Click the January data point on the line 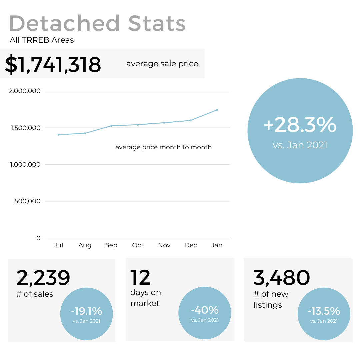point(217,110)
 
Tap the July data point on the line point(59,135)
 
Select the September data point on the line point(111,126)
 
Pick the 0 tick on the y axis point(38,238)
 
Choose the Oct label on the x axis point(138,245)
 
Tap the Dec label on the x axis point(191,245)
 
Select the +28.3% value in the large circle point(300,125)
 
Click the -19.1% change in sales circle point(86,311)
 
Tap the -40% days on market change point(205,310)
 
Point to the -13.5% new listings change point(324,311)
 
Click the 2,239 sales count point(43,278)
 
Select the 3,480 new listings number point(282,278)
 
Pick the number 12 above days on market point(140,278)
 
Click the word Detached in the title point(64,23)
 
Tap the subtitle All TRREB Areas point(42,40)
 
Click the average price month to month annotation point(163,147)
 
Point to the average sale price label point(162,64)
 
